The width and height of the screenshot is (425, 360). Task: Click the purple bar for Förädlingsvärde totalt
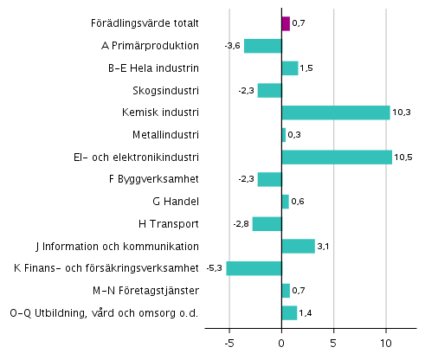[x=286, y=23]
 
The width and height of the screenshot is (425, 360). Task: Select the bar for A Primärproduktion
[x=263, y=46]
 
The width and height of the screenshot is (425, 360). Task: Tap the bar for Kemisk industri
[x=336, y=112]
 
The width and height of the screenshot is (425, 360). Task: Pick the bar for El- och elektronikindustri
[x=337, y=157]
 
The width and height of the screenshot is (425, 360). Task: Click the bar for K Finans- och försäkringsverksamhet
[x=254, y=268]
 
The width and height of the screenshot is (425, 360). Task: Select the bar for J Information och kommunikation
[x=298, y=246]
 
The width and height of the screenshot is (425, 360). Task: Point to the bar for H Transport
[x=267, y=223]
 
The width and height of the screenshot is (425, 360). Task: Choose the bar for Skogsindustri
[x=269, y=90]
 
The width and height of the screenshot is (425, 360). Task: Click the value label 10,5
[x=404, y=157]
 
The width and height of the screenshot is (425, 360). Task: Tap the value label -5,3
[x=215, y=268]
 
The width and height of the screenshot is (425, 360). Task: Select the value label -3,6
[x=232, y=46]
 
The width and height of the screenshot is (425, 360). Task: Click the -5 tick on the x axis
[x=229, y=342]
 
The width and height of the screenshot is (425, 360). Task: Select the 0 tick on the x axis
[x=282, y=342]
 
